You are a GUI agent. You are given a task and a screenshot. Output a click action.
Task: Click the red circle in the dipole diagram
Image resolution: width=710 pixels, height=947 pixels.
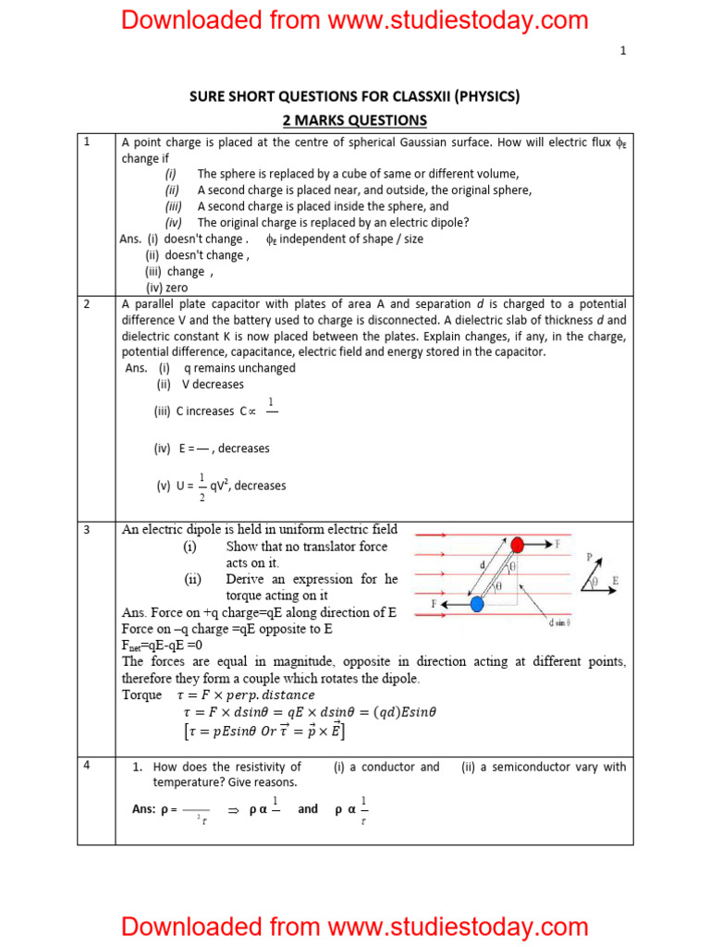coord(518,544)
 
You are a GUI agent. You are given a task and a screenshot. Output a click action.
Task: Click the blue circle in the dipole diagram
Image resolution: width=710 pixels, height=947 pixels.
coord(477,604)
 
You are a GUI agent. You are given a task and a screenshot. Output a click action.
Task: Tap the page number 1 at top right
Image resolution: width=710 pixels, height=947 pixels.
coord(623,51)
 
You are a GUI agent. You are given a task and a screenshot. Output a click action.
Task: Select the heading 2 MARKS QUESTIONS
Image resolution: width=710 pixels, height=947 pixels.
coord(354,120)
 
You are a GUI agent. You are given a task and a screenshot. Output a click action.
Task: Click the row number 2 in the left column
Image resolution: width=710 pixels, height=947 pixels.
coord(87,304)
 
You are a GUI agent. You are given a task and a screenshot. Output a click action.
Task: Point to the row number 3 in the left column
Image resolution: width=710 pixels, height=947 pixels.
coord(87,530)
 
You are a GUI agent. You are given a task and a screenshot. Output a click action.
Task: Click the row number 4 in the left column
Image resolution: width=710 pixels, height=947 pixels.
coord(87,766)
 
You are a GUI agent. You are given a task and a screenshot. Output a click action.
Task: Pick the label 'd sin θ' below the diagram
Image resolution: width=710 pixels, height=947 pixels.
coord(559,622)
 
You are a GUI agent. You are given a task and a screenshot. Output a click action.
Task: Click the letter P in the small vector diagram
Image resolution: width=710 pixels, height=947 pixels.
coord(589,558)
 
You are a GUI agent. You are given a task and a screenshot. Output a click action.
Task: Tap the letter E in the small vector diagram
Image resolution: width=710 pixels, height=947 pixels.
coord(615,581)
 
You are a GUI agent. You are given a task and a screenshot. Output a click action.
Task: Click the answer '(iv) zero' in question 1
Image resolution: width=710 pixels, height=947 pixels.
coord(166,288)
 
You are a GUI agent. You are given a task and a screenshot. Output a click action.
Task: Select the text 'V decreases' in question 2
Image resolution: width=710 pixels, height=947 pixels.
coord(214,384)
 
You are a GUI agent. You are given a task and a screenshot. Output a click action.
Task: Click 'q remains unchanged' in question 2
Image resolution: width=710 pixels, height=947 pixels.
coord(239,367)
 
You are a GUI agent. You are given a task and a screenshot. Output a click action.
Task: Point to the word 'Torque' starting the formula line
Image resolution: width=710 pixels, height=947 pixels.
coord(141,695)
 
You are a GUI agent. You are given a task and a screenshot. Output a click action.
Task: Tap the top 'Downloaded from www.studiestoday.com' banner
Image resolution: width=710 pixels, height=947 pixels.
coord(354,19)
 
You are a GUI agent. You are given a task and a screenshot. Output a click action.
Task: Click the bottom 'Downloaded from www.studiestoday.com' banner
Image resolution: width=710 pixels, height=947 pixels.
coord(354,926)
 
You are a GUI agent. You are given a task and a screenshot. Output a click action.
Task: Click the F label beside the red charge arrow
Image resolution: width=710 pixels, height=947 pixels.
coord(557,544)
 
